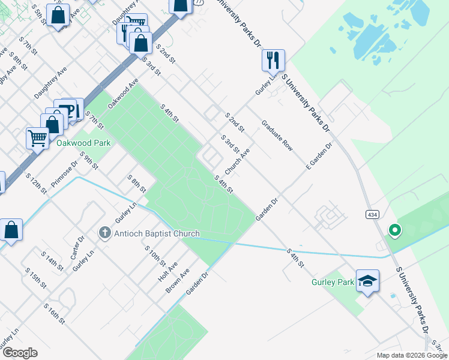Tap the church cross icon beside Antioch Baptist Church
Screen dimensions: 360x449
104,233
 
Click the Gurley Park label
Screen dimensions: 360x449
333,282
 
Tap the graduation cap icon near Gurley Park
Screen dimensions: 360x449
367,280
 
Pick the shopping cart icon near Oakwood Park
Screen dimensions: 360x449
37,138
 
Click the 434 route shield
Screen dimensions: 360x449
372,214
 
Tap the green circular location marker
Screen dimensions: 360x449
395,230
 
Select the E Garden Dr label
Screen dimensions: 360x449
319,155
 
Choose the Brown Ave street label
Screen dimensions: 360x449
178,280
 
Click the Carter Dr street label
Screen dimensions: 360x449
76,248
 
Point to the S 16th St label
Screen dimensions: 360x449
53,314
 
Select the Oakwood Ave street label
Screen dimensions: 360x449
123,93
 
